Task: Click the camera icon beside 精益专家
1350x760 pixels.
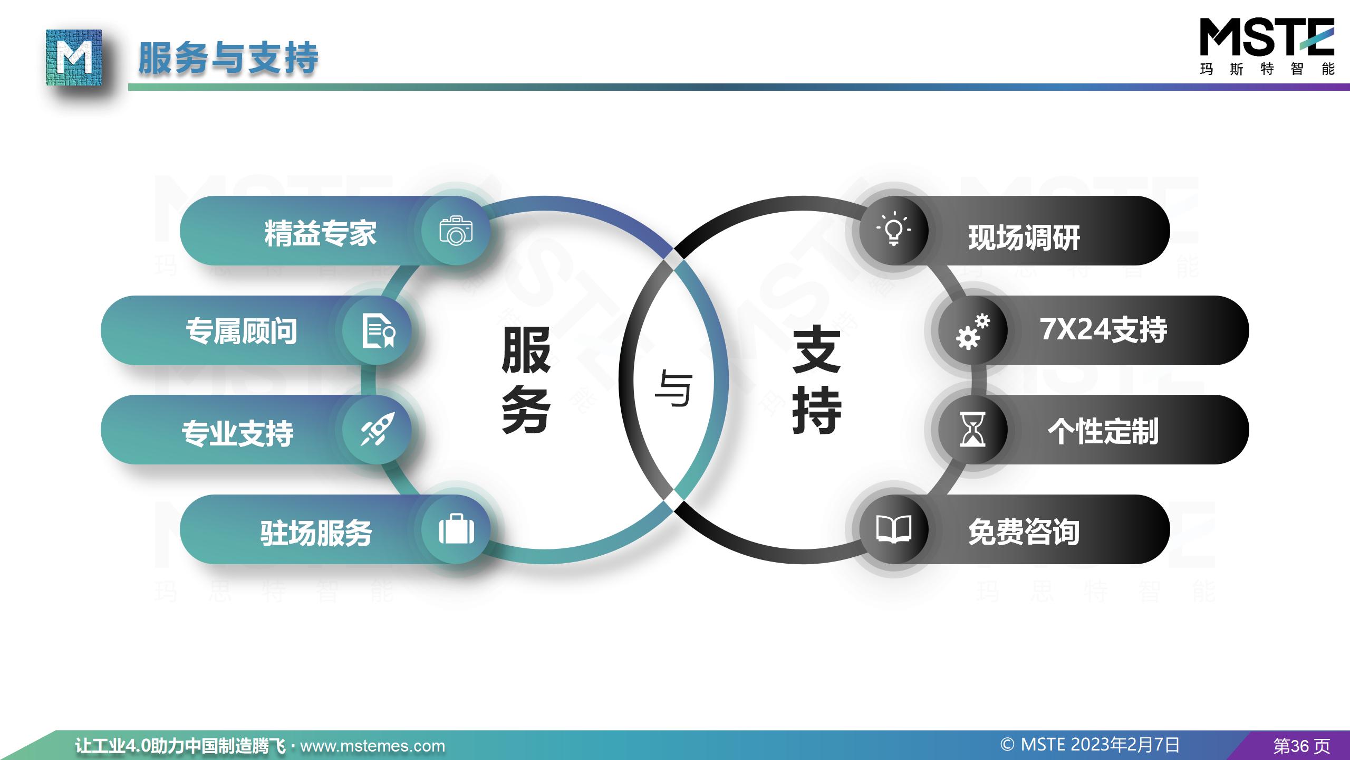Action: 456,230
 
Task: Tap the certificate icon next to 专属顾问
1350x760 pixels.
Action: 379,330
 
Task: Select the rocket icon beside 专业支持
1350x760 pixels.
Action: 377,429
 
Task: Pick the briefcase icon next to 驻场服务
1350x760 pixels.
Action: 456,529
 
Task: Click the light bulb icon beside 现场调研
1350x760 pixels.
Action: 893,229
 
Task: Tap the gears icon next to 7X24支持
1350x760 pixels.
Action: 973,331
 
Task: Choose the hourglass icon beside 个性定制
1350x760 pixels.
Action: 972,430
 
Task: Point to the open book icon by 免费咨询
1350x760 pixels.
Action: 893,529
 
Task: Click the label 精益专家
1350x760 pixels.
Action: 321,233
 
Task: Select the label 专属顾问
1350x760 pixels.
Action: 242,331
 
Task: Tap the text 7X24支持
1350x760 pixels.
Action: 1103,330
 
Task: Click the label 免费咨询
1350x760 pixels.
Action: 1024,531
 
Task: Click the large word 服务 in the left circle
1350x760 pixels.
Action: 526,380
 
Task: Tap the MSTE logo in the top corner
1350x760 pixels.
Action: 1267,46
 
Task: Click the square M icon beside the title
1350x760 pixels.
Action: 74,58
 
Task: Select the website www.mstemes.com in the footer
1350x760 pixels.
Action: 372,746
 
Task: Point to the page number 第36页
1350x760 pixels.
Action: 1301,746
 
